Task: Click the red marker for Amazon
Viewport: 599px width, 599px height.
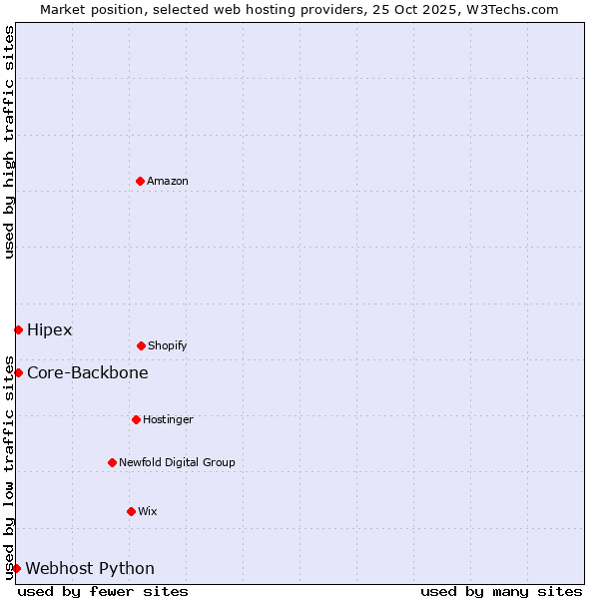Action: (140, 181)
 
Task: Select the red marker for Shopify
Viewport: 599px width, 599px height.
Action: (141, 345)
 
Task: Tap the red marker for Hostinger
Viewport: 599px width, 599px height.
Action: (136, 419)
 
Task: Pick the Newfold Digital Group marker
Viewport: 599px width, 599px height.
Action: (112, 462)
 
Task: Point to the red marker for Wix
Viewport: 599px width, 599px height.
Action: (131, 511)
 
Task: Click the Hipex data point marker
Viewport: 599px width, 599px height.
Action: (18, 329)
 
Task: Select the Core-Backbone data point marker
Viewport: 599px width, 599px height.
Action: (18, 372)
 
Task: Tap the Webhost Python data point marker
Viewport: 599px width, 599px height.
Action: (16, 568)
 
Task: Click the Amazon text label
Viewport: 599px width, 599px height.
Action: (168, 182)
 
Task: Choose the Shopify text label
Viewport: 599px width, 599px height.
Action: (168, 346)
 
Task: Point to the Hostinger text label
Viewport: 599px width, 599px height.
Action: (168, 420)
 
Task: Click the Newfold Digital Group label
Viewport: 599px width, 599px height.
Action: (177, 463)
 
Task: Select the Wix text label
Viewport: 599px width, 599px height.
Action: (148, 512)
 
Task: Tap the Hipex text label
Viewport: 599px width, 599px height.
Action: (50, 330)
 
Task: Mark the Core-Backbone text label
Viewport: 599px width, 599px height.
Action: (88, 373)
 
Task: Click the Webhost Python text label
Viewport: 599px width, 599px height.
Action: (90, 569)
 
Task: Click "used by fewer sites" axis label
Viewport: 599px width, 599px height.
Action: (103, 591)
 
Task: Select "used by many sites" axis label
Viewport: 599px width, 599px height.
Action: (501, 591)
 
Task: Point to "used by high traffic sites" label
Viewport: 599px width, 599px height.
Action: (9, 142)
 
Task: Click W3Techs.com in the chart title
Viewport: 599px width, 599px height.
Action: (515, 9)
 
